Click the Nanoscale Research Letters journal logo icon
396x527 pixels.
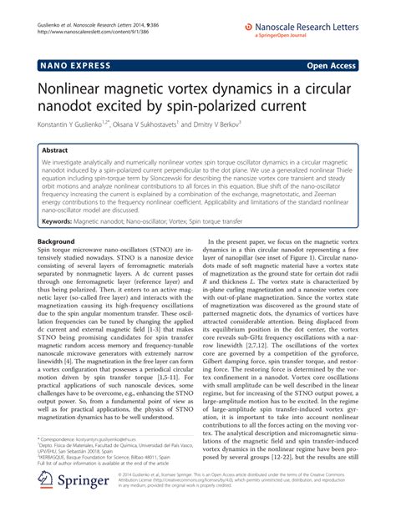[x=249, y=27]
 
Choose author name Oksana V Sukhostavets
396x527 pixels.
[x=172, y=123]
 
